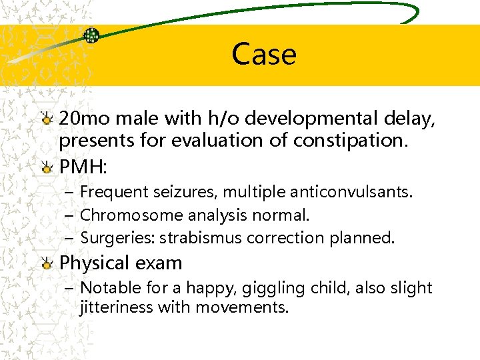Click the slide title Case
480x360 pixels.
[x=264, y=53]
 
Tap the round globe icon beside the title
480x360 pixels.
[x=91, y=35]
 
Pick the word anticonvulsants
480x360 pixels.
[x=353, y=193]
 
